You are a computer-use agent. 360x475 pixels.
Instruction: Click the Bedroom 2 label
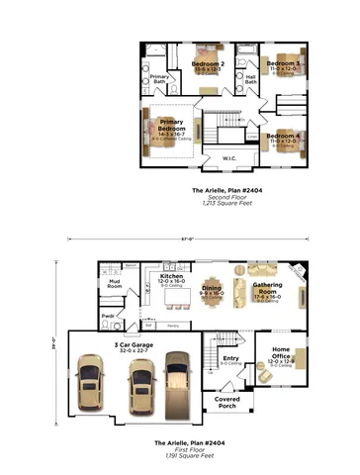tap(207, 65)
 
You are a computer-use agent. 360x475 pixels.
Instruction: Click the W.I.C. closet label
tap(228, 158)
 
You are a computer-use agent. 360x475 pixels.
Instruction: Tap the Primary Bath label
tap(158, 78)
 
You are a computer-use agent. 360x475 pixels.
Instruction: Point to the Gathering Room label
tap(267, 288)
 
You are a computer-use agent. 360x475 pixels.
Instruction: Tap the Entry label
tap(230, 360)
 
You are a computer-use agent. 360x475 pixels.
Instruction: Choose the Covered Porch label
tap(227, 402)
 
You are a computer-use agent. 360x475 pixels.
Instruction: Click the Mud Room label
tap(114, 285)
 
